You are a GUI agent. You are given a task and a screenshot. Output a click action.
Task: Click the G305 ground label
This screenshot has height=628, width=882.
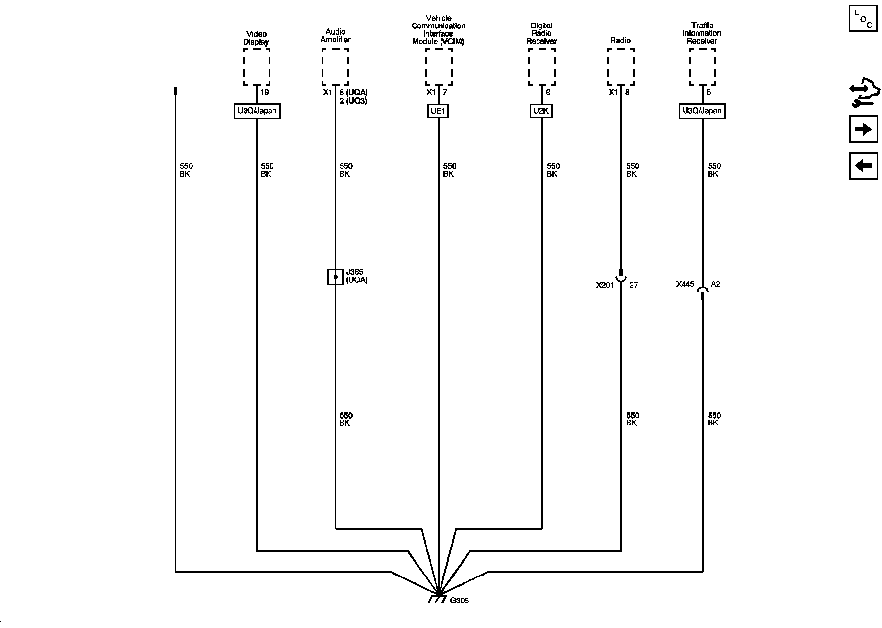(x=460, y=601)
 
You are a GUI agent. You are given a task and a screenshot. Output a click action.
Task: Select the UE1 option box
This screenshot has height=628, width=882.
(x=438, y=111)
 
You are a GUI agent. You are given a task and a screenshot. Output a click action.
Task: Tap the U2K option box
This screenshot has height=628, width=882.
(x=541, y=111)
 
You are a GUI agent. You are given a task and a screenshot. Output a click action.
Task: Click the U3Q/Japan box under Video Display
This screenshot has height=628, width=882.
(x=257, y=111)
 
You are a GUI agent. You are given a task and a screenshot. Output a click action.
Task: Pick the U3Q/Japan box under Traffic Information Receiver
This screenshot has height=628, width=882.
(x=702, y=111)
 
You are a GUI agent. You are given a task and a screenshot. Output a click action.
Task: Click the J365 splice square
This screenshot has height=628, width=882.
(x=335, y=277)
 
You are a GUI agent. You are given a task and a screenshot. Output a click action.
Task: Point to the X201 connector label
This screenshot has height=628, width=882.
(x=605, y=285)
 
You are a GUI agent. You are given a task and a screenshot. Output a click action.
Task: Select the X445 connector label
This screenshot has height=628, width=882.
(x=685, y=284)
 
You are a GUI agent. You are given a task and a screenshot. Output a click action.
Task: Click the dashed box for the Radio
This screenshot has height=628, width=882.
(x=621, y=67)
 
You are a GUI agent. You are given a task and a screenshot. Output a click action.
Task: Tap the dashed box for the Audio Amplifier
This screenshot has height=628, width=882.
(x=335, y=67)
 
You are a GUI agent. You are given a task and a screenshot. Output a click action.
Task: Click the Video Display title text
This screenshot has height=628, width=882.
(x=256, y=38)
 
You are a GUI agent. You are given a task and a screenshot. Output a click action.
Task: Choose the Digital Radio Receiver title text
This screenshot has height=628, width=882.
(x=541, y=33)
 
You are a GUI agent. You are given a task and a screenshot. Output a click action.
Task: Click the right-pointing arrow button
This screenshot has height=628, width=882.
(x=863, y=130)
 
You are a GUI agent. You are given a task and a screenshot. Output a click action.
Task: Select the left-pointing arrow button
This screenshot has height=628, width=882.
(x=863, y=166)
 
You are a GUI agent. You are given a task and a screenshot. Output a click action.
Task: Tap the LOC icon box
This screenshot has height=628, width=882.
(x=863, y=19)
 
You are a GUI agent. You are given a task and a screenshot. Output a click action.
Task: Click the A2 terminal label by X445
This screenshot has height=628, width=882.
(x=716, y=284)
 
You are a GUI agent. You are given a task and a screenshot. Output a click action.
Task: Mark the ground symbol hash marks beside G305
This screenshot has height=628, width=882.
(x=437, y=600)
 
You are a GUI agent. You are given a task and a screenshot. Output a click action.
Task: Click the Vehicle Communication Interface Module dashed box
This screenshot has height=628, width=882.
(x=438, y=67)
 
